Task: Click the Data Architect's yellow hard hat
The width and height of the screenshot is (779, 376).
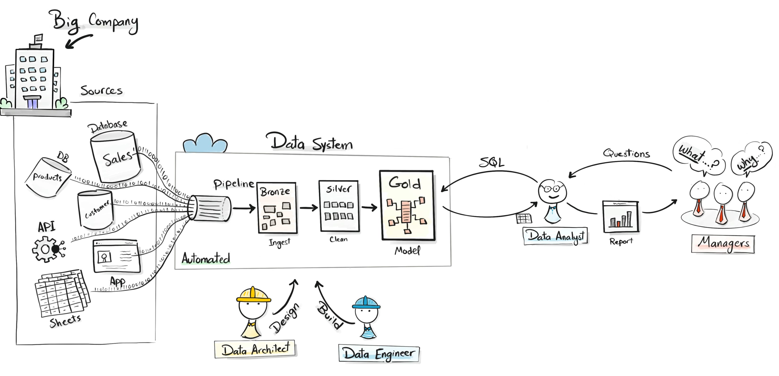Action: [253, 294]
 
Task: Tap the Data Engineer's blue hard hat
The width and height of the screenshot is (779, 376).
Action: [366, 303]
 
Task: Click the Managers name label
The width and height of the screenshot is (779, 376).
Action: [723, 243]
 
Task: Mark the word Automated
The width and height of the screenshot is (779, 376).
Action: [206, 259]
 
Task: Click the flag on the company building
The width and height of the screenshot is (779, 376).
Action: [38, 38]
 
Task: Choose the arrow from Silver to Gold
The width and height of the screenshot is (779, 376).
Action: [369, 207]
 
